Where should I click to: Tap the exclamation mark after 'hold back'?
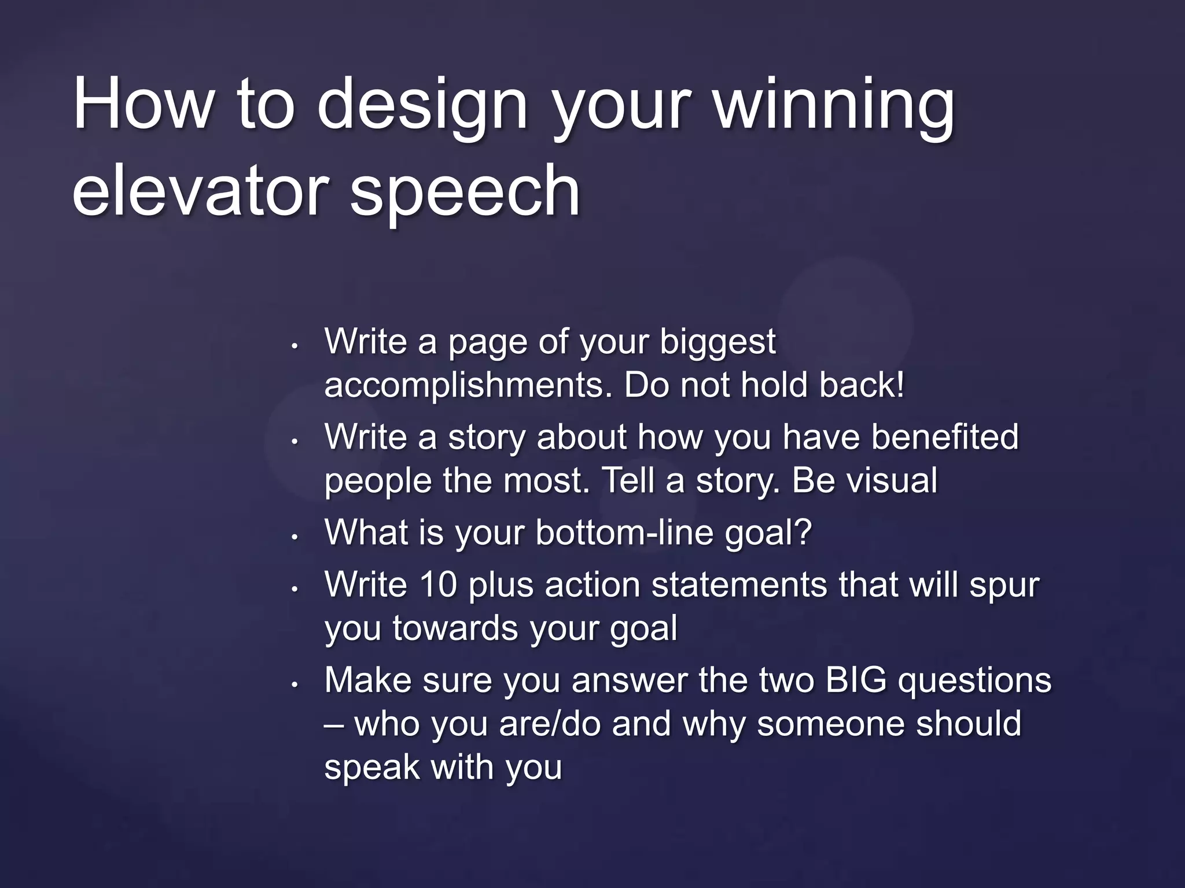899,384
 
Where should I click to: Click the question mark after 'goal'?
804,531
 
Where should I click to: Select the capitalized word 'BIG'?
856,680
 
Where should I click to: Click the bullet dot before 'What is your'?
295,537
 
